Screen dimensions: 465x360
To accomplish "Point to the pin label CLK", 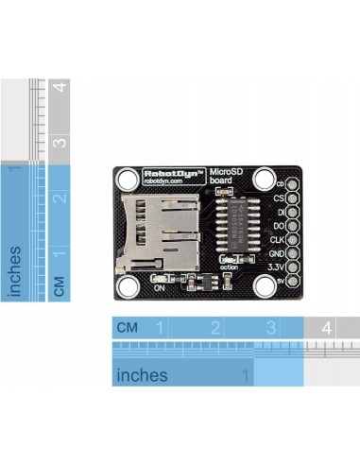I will (x=276, y=241).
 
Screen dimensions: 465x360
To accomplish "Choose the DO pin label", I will (x=278, y=227).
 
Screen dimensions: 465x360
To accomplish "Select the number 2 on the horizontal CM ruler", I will (x=215, y=328).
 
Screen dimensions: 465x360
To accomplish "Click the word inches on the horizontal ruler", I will (x=142, y=375).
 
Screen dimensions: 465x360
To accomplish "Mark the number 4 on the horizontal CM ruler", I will (x=326, y=328).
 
